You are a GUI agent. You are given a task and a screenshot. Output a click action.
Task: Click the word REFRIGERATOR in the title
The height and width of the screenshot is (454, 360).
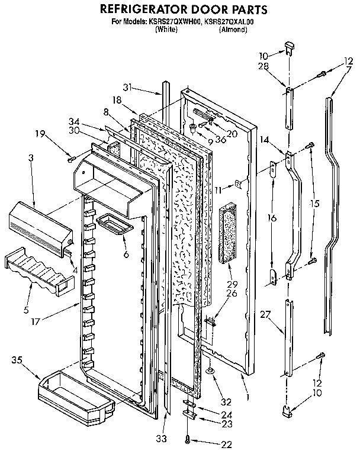tap(142, 9)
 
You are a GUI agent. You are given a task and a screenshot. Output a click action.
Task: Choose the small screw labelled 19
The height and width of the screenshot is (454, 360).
tap(71, 158)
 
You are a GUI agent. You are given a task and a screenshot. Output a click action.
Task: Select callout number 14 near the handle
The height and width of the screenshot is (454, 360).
tap(264, 140)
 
